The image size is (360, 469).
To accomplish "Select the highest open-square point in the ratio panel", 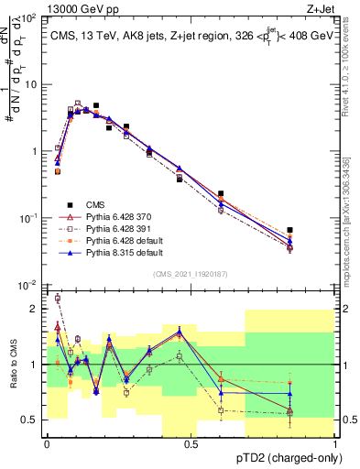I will click(58, 298).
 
